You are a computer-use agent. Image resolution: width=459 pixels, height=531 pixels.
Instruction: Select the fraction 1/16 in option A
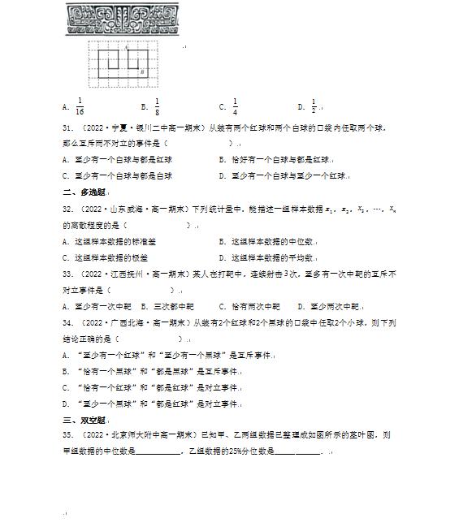(x=80, y=106)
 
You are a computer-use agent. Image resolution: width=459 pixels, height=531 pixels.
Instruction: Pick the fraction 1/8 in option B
(x=157, y=106)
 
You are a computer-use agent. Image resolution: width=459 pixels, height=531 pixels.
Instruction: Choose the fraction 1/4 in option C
(x=235, y=106)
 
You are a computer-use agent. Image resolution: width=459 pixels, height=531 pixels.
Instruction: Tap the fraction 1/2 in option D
(x=313, y=106)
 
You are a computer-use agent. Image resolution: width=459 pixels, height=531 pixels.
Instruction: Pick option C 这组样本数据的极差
(x=110, y=257)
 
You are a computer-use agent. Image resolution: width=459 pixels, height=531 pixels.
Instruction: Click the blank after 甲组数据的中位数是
(x=159, y=452)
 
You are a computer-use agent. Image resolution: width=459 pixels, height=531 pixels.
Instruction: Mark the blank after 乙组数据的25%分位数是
(x=297, y=452)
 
